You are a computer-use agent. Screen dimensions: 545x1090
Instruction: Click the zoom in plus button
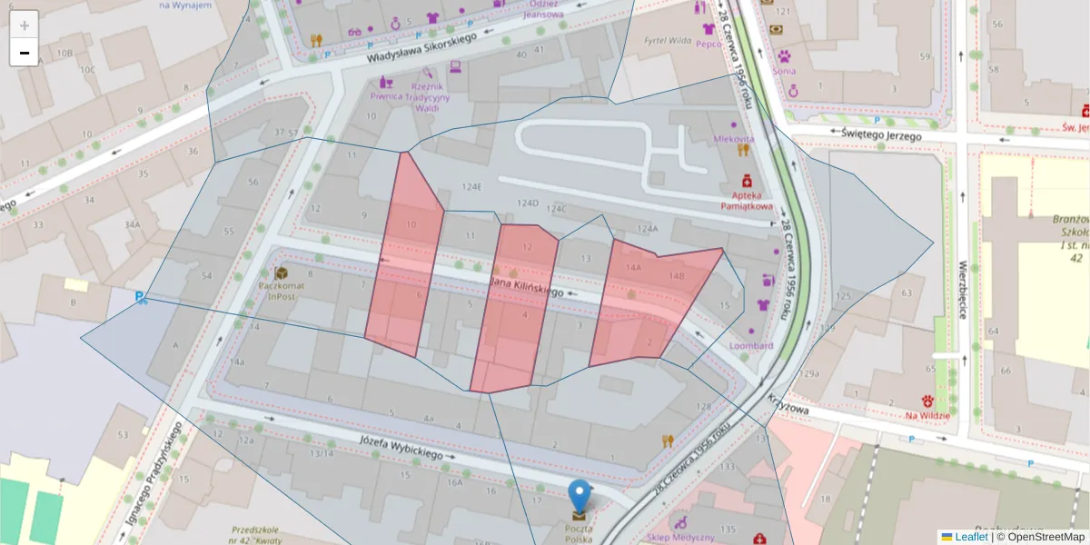tap(25, 25)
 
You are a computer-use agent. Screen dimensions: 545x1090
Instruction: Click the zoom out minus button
tap(25, 53)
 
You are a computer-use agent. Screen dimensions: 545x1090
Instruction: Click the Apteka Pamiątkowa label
tap(746, 200)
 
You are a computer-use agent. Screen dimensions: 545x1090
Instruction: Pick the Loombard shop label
tap(751, 345)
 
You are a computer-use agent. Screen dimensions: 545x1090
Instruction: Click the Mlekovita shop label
tap(733, 139)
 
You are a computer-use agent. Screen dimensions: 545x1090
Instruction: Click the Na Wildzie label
tap(926, 415)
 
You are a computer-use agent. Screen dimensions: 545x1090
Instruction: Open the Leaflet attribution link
tap(970, 537)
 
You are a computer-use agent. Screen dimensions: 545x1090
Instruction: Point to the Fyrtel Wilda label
tap(668, 41)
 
